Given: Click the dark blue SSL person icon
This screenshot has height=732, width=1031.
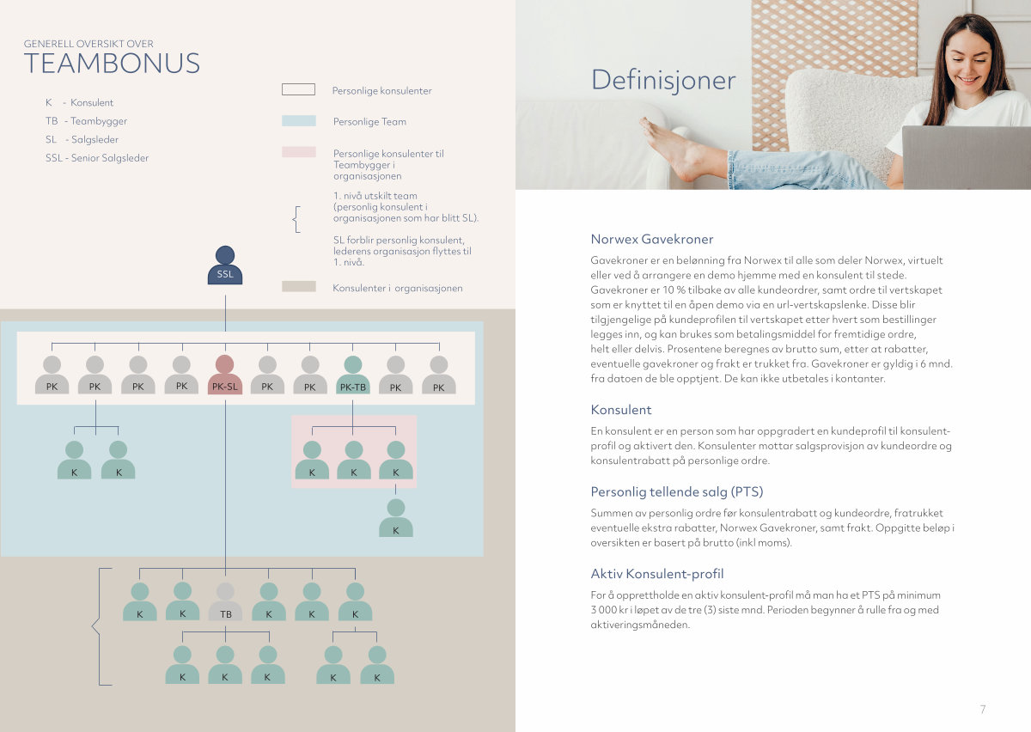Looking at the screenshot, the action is (x=225, y=265).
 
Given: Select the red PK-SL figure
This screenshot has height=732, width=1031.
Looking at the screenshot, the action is (x=225, y=375).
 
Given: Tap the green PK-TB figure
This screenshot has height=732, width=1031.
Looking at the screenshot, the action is (x=353, y=375).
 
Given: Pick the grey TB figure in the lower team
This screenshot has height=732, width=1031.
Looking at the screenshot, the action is (x=225, y=601).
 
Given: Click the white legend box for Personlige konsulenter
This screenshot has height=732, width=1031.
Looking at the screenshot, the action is (x=299, y=89).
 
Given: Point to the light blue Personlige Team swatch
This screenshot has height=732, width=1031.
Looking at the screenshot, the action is (x=299, y=120).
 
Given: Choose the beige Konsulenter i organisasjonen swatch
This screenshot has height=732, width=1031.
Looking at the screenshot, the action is (x=299, y=286).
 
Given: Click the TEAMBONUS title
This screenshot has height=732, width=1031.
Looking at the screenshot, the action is (x=112, y=64).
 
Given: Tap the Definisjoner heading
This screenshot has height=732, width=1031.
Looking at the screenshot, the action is (x=663, y=80).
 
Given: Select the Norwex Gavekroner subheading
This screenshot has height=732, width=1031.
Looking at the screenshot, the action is (x=652, y=239).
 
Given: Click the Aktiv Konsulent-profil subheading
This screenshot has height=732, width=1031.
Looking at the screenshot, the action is (x=656, y=574).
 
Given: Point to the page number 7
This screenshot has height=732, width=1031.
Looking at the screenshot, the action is (x=983, y=709).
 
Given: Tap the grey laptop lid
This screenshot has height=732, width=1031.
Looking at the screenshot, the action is (x=966, y=157).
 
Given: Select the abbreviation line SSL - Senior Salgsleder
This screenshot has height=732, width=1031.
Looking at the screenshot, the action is (x=97, y=158).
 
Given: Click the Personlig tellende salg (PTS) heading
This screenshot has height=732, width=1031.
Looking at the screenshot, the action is (x=677, y=491).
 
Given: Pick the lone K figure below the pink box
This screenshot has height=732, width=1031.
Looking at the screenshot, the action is (x=396, y=518).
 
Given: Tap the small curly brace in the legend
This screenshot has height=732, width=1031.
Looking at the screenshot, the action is (x=297, y=219).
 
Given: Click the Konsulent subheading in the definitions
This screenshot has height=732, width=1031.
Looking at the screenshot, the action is (x=621, y=410).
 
